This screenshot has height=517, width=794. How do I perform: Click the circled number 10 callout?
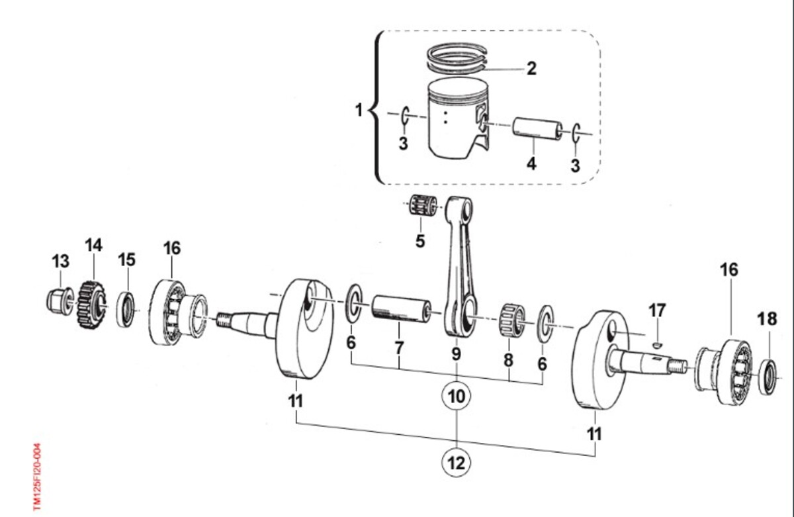point(456,396)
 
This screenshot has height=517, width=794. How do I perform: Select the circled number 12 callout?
point(456,463)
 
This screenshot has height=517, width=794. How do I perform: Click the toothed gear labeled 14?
point(91,305)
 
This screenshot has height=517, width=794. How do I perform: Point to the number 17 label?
point(657,310)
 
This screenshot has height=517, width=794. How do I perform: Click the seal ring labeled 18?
point(768,377)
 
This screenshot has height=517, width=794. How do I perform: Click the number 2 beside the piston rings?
point(531,68)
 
